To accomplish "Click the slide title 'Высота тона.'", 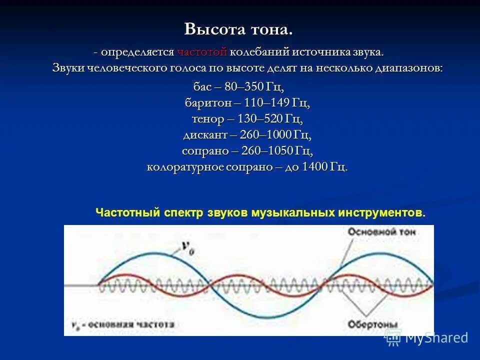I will click(238, 29).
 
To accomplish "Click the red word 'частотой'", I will click(202, 52).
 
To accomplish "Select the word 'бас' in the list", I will click(202, 87).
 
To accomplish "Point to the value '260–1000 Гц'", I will click(275, 135).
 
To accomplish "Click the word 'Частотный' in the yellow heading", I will click(128, 212).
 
